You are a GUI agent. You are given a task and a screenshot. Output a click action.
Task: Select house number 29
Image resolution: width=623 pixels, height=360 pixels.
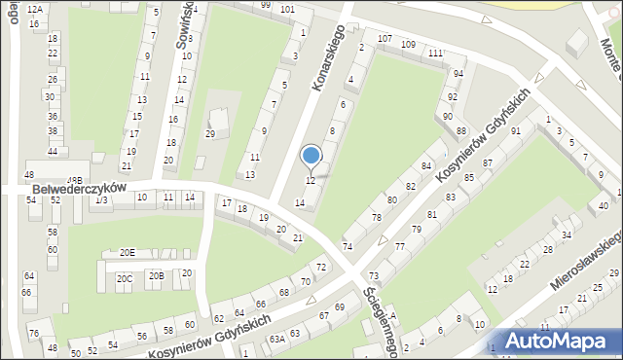(x=209, y=133)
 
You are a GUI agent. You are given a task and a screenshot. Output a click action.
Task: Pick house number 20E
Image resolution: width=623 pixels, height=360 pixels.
(x=128, y=253)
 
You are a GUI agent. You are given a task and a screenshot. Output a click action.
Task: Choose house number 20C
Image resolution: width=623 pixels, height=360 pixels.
(x=125, y=278)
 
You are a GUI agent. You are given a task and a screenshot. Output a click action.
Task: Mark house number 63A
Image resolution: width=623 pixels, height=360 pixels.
(x=277, y=339)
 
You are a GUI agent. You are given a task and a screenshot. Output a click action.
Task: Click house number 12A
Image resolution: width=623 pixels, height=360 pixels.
(x=35, y=8)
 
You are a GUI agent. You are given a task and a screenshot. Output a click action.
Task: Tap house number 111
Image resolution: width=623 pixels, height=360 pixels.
(x=433, y=53)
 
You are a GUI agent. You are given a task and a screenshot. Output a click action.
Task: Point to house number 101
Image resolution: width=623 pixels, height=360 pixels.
(x=287, y=9)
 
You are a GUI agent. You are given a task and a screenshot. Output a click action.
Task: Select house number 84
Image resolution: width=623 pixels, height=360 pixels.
(x=425, y=167)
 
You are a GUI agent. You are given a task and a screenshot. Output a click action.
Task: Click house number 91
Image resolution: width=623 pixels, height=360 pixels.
(x=516, y=130)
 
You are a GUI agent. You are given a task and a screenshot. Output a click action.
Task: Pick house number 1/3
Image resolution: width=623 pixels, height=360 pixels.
(x=101, y=199)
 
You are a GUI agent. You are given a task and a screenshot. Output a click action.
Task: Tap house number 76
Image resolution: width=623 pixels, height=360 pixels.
(x=34, y=334)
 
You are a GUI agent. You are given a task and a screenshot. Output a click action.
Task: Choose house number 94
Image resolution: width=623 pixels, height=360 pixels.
(x=458, y=74)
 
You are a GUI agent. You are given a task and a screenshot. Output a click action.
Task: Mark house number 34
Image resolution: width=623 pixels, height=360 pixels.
(x=566, y=235)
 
